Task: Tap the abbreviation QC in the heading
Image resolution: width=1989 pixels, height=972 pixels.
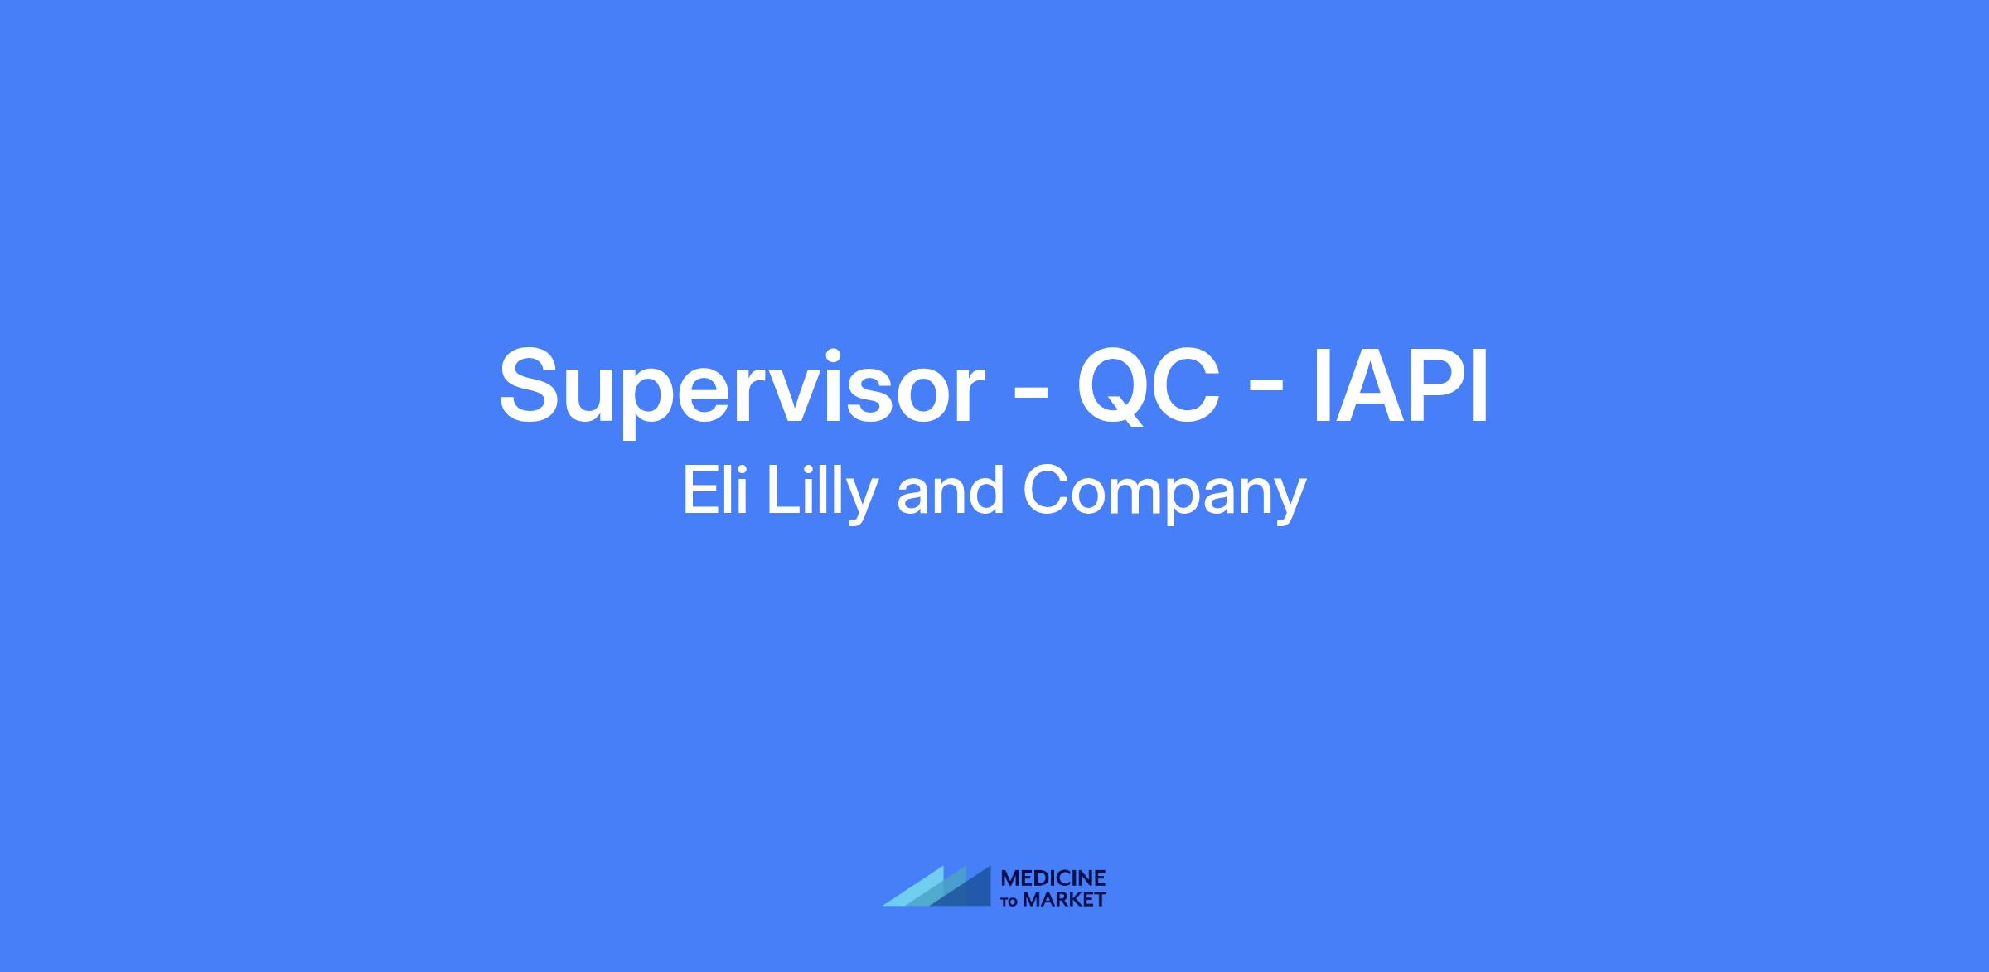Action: click(1148, 385)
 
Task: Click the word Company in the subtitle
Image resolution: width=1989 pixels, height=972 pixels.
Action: click(1164, 496)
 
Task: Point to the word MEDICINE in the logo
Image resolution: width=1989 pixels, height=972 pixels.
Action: click(1053, 878)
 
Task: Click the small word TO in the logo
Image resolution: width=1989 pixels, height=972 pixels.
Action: click(1010, 902)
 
